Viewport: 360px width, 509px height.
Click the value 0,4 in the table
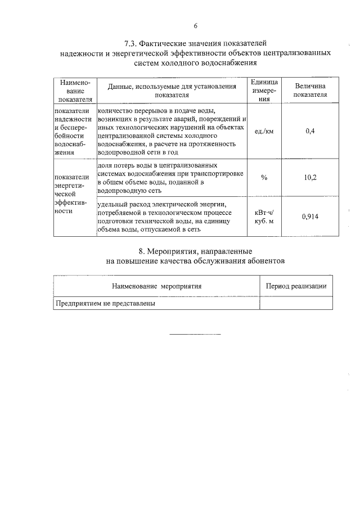tap(310, 131)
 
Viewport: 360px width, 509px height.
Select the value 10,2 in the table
tap(310, 178)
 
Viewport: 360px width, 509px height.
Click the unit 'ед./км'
tap(264, 131)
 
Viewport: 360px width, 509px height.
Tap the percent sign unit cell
tap(264, 178)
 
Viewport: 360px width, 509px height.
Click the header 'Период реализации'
tap(296, 286)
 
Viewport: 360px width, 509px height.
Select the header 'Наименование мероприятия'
tap(156, 286)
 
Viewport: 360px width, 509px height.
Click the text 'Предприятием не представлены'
tap(105, 303)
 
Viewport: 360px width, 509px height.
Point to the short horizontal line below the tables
tap(195, 335)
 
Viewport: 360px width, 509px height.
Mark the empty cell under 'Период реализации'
tap(296, 303)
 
